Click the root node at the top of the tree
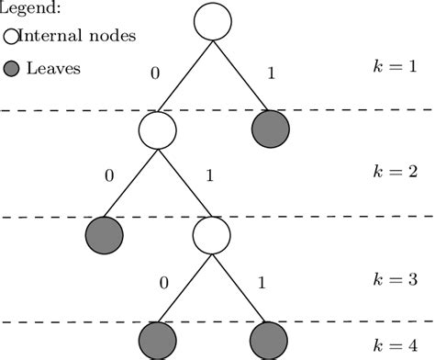(x=213, y=22)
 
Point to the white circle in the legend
(x=10, y=38)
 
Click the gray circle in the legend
(x=10, y=68)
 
